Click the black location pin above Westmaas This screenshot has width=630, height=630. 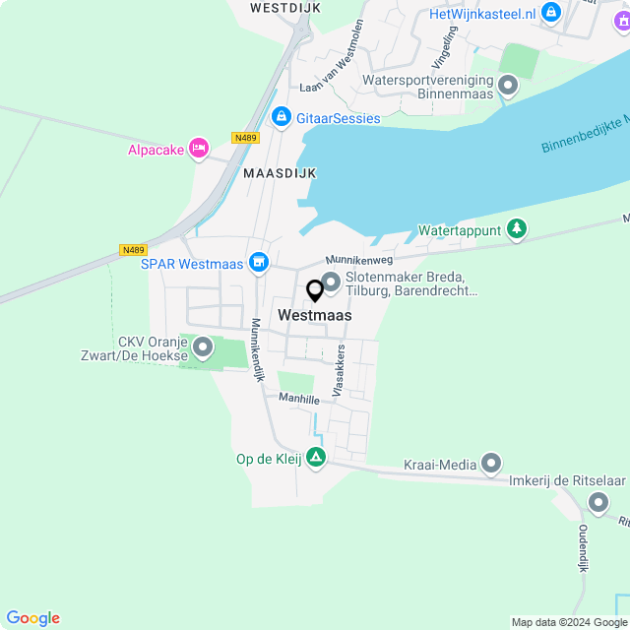click(x=315, y=291)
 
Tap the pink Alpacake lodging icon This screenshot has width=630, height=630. click(x=199, y=149)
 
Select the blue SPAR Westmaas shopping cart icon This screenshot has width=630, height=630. click(x=259, y=262)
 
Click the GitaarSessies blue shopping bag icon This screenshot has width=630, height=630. click(x=282, y=117)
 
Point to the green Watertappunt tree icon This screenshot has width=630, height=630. click(x=516, y=230)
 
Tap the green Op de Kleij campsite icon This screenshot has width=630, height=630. click(x=315, y=457)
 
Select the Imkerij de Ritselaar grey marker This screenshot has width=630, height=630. click(x=598, y=503)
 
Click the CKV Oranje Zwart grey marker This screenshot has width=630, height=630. click(x=203, y=347)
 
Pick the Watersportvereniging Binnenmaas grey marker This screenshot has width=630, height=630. click(x=508, y=87)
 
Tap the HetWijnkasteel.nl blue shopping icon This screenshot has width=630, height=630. click(x=551, y=13)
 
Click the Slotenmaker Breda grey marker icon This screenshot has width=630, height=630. click(x=331, y=283)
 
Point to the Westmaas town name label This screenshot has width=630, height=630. click(x=315, y=316)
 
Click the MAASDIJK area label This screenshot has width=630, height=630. click(x=281, y=172)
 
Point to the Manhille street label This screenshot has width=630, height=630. click(x=298, y=399)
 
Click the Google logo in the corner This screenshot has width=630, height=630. click(x=32, y=618)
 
